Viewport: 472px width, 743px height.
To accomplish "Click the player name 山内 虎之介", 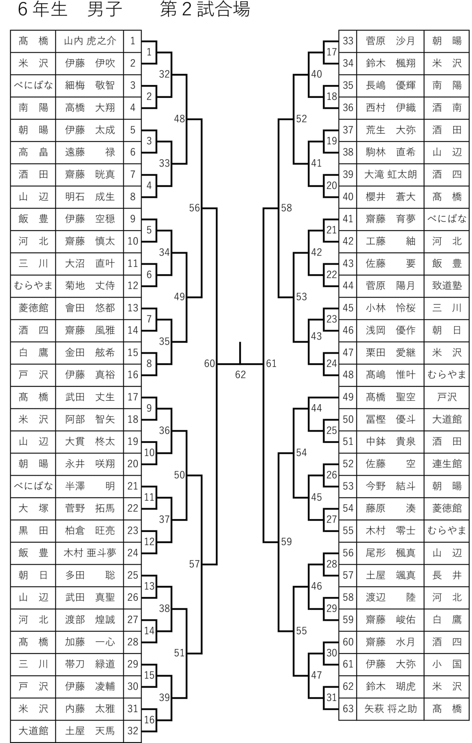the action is (x=90, y=41).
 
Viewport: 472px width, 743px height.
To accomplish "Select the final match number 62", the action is (x=240, y=375).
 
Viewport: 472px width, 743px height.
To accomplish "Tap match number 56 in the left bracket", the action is (x=194, y=208).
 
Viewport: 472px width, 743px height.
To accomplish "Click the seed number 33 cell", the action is (x=348, y=41).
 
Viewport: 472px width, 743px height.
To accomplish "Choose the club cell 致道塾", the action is (x=447, y=285).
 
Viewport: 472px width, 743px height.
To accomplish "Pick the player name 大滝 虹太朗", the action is (x=391, y=174).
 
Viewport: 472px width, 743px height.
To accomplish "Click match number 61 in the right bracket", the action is (x=271, y=364).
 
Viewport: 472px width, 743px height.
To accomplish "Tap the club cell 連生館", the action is (x=447, y=464).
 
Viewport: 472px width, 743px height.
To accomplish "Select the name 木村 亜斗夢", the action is (x=90, y=553).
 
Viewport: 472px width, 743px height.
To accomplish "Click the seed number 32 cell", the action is (x=133, y=731).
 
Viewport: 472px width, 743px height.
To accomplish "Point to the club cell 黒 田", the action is (x=33, y=530).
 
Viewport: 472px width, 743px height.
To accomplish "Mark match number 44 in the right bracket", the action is (x=316, y=408).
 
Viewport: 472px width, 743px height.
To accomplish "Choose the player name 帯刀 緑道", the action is (x=90, y=664).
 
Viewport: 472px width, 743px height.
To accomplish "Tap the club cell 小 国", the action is (x=447, y=664).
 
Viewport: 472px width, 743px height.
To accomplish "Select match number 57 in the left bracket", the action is (x=194, y=564).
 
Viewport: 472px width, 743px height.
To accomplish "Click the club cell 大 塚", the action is (x=33, y=508).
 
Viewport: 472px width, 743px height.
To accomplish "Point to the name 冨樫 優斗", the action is (x=391, y=419).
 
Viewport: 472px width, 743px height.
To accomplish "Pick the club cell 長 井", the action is (x=447, y=575).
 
